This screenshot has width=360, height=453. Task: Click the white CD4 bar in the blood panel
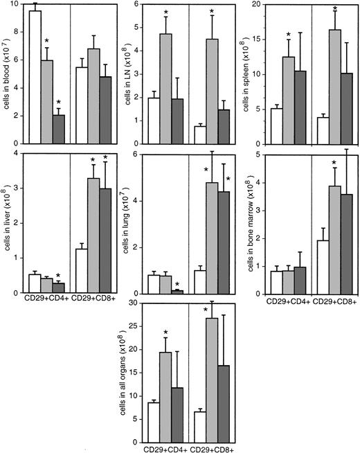35,76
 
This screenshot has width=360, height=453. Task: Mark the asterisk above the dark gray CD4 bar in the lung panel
178,284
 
